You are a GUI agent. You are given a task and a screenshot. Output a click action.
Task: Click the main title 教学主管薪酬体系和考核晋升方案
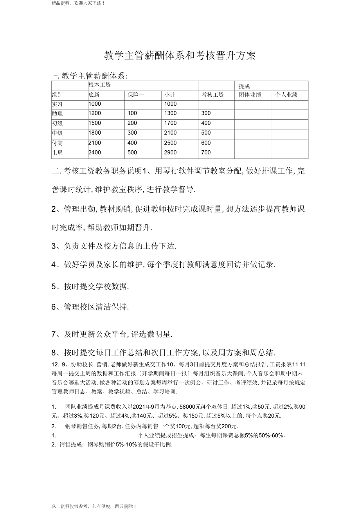(x=180, y=56)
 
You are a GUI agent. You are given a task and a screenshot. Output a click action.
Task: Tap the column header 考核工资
(x=212, y=95)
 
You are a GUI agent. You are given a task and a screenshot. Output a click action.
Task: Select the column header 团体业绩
(x=250, y=95)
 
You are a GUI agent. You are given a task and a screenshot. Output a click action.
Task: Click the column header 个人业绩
(x=287, y=95)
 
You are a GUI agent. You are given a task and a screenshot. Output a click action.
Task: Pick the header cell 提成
(x=245, y=86)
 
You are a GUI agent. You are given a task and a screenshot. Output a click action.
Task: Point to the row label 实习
(x=57, y=104)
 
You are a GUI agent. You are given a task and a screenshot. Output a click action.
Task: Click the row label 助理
(x=57, y=114)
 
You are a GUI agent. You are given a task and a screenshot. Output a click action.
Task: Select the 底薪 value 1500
(x=95, y=123)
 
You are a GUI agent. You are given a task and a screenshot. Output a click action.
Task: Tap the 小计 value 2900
(x=170, y=152)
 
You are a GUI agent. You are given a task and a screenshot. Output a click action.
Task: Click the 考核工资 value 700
(x=206, y=152)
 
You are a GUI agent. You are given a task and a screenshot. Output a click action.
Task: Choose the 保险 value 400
(x=132, y=143)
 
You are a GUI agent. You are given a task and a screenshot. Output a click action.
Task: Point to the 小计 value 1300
(x=170, y=114)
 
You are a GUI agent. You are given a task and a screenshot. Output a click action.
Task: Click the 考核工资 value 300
(x=206, y=114)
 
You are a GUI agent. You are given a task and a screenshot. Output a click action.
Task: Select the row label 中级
(x=57, y=133)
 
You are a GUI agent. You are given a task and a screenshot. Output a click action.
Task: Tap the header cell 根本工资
(x=100, y=85)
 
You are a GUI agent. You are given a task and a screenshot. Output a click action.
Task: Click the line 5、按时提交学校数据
(x=90, y=287)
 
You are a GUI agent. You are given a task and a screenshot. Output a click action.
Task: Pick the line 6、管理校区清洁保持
(x=90, y=307)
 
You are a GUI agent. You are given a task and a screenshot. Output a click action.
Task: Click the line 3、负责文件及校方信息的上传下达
(x=114, y=246)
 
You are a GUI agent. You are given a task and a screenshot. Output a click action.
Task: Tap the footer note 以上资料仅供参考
(x=94, y=506)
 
